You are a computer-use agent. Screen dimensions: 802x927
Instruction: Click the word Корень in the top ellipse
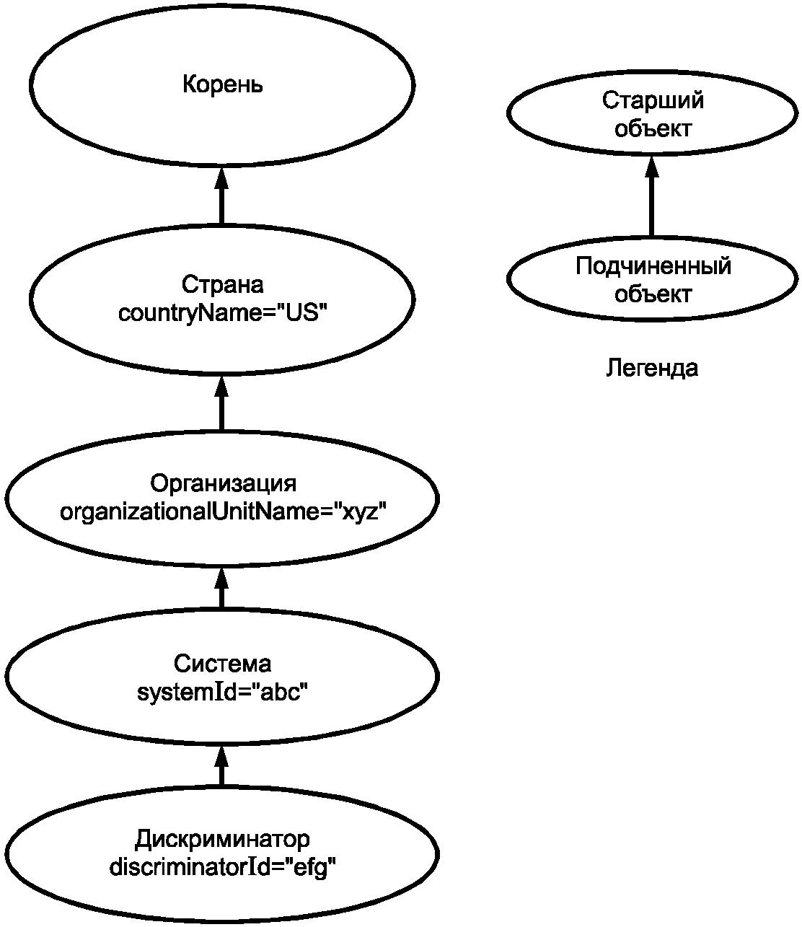tap(222, 84)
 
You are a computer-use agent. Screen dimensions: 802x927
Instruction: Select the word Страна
tap(222, 284)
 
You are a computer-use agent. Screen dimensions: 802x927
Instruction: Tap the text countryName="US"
tap(223, 313)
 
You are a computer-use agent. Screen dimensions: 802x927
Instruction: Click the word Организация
tap(223, 483)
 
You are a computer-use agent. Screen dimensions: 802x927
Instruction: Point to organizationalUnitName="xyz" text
tap(223, 511)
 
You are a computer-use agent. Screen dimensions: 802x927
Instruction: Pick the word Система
tap(222, 664)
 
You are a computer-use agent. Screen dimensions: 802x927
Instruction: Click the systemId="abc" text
tap(222, 692)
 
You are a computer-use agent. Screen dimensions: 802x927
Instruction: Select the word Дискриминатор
tap(222, 839)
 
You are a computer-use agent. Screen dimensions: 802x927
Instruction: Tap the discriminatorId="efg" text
tap(222, 867)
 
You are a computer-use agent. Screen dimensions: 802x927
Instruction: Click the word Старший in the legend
tap(653, 100)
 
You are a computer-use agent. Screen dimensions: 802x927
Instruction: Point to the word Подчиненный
tap(653, 266)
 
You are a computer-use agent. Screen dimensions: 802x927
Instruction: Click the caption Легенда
tap(652, 368)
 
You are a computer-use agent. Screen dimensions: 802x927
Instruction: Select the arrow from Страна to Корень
tap(221, 195)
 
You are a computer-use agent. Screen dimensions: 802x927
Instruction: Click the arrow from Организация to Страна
tap(221, 403)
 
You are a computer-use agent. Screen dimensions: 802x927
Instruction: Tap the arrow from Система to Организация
tap(221, 587)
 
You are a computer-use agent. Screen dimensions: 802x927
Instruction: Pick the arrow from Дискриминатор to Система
tap(221, 765)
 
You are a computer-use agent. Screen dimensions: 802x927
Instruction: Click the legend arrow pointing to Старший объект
tap(651, 195)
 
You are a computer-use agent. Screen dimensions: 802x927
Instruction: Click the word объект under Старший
tap(653, 128)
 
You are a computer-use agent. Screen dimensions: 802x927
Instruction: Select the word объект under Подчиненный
tap(653, 294)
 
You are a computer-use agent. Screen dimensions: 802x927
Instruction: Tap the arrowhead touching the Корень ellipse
tap(221, 177)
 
